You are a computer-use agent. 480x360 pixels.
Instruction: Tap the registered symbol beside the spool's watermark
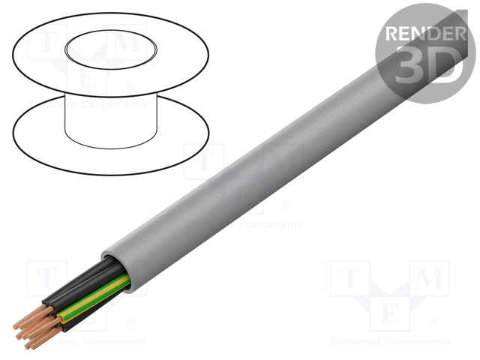tap(132, 88)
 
